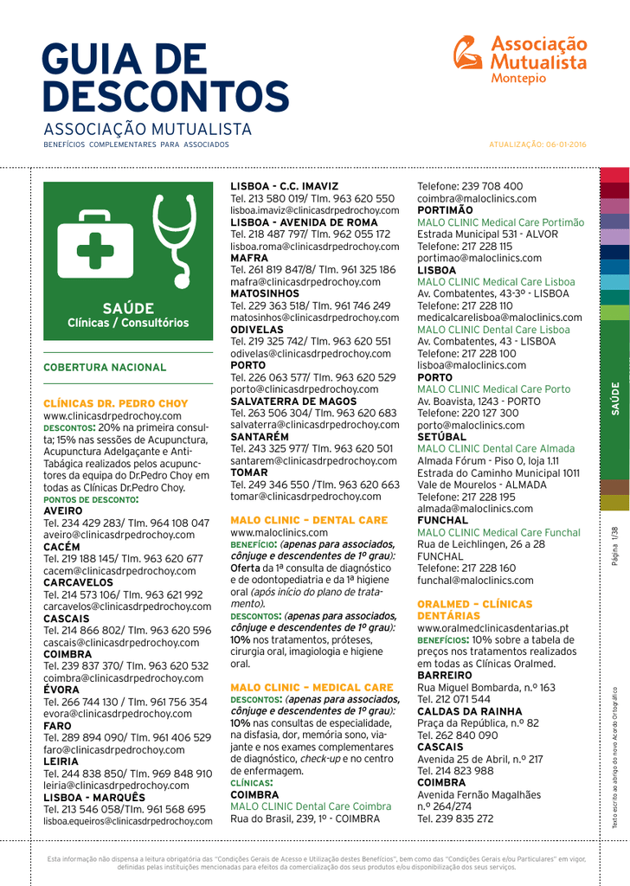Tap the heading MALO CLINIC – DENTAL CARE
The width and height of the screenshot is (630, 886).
point(308,521)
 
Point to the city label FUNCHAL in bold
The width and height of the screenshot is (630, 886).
point(446,522)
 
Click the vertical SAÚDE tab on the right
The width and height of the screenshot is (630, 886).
point(615,398)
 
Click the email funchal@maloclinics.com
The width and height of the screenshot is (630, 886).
point(475,581)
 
